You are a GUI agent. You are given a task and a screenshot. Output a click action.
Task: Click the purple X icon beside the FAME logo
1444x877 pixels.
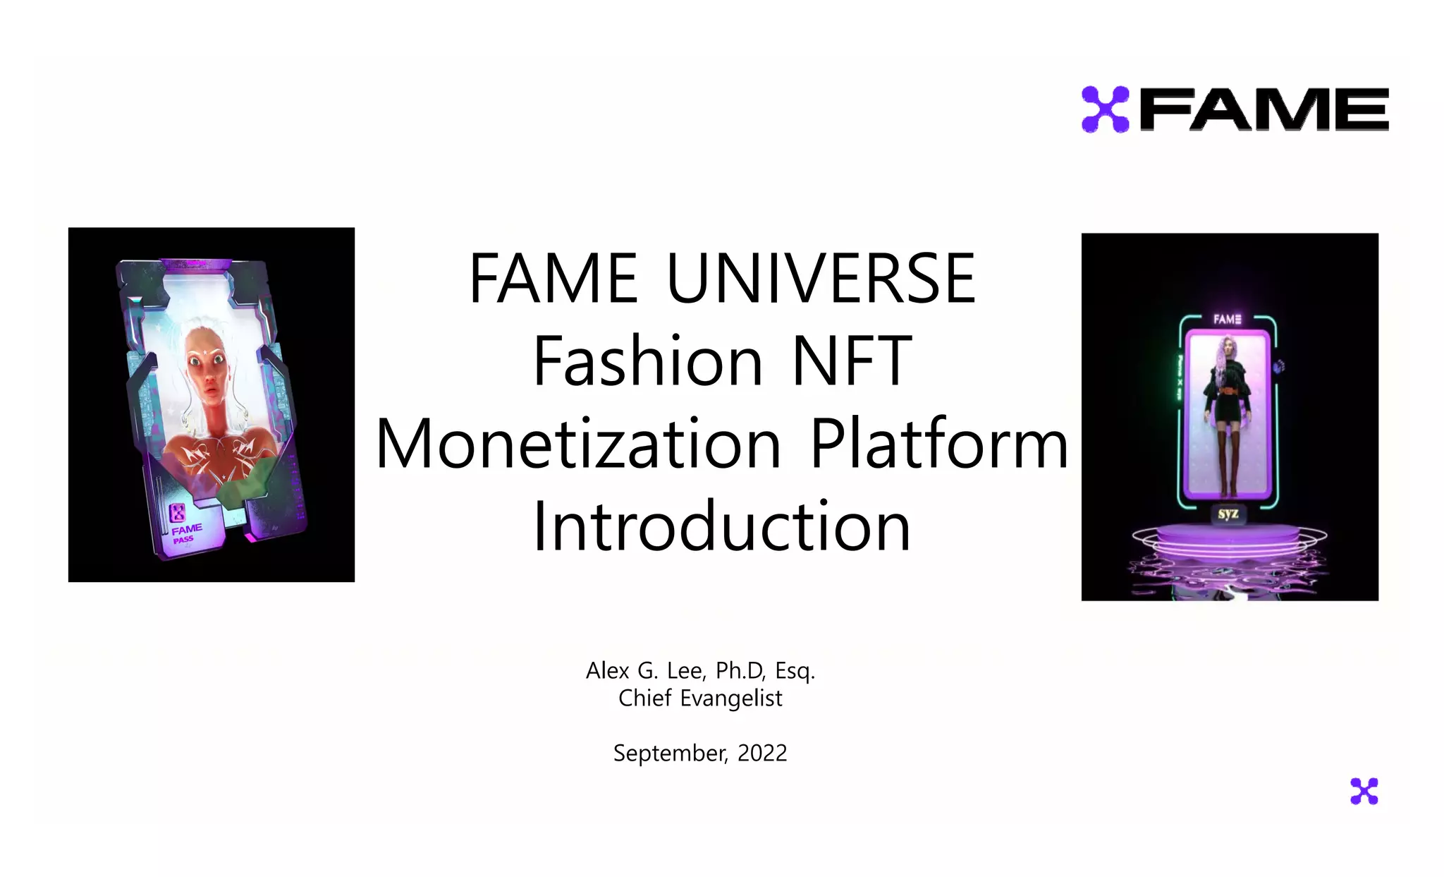[1105, 109]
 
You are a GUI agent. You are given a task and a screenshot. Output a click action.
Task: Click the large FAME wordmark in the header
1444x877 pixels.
[1263, 109]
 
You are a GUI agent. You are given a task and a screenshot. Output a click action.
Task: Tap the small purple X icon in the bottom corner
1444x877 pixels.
[1364, 791]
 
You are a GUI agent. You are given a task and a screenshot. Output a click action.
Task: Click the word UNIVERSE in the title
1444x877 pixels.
[821, 279]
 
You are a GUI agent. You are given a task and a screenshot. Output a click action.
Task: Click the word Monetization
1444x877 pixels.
[578, 444]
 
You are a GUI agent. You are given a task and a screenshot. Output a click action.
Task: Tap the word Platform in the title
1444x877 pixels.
[939, 444]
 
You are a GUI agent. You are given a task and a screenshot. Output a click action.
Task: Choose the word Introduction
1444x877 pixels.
[721, 526]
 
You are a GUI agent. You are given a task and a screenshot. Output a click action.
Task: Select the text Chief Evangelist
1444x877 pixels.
[700, 698]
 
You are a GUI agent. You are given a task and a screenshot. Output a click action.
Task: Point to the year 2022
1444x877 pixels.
[762, 753]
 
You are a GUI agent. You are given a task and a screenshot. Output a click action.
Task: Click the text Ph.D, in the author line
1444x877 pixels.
[740, 670]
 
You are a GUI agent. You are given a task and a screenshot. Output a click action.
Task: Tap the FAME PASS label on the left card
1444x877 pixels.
[185, 533]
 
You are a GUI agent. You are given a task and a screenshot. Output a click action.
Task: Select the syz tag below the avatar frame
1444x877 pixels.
[1228, 514]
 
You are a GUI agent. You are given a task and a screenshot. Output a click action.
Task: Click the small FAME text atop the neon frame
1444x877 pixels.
[1227, 319]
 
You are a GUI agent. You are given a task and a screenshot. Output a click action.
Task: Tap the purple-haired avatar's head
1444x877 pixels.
[1228, 348]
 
